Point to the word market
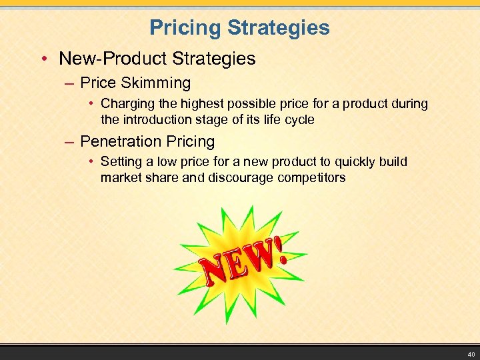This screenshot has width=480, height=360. pyautogui.click(x=120, y=177)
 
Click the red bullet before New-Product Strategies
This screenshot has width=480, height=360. pyautogui.click(x=43, y=59)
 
